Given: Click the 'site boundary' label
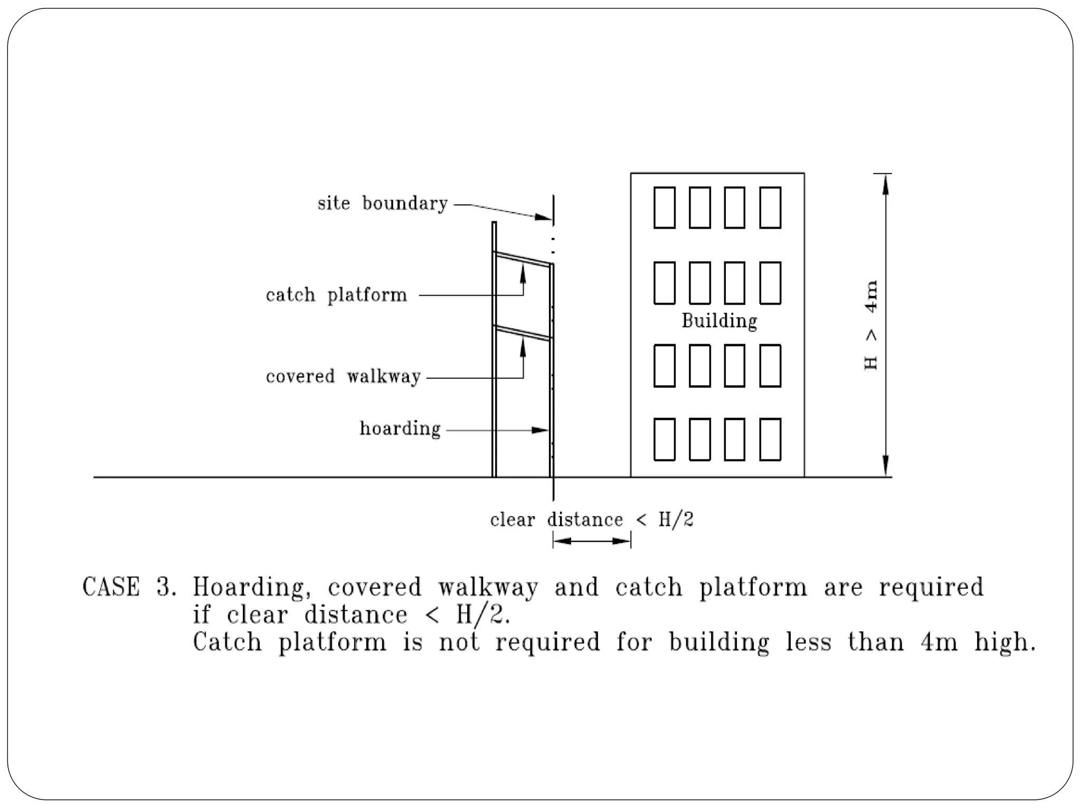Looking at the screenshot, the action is coord(383,203).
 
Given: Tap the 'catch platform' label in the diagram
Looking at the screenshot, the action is coord(337,295).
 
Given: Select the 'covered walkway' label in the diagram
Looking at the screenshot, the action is coord(343,377).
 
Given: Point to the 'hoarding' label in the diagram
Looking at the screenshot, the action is coord(400,429).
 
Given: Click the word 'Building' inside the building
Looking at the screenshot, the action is coord(719,321).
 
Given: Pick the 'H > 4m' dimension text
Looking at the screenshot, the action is coord(871,325).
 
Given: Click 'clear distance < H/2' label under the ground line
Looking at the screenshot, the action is coord(591,520).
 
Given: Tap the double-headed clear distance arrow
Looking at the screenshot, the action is coord(592,541).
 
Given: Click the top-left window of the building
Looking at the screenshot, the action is coord(665,208).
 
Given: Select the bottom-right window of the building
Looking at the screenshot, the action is coord(770,439).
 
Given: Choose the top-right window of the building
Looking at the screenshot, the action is coord(770,208).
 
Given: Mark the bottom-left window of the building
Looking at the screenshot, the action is coord(665,439).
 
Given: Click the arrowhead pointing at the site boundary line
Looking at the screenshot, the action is coord(544,217).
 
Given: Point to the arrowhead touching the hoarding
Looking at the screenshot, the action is coord(540,430).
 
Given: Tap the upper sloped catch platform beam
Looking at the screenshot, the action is coord(523,260).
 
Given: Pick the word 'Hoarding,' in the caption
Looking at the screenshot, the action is coord(249,587).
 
